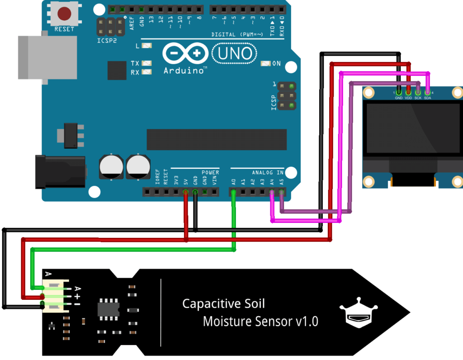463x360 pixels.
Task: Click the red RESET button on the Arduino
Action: click(x=64, y=14)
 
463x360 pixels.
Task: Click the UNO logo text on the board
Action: click(x=234, y=54)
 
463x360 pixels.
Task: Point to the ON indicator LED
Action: click(x=265, y=64)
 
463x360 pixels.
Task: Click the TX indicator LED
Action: click(x=146, y=64)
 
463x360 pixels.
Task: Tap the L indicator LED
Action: click(x=146, y=46)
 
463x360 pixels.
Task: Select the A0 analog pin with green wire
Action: click(x=233, y=192)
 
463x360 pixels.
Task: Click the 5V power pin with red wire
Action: click(x=185, y=192)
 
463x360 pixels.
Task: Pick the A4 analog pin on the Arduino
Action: click(x=272, y=192)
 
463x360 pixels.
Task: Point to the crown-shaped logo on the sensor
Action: click(x=358, y=313)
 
